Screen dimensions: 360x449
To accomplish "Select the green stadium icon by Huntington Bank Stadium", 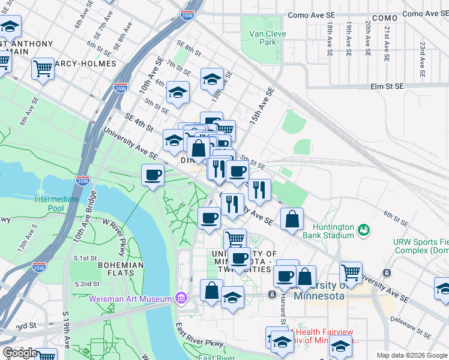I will click(x=363, y=230).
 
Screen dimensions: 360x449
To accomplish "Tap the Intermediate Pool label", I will click(x=56, y=203).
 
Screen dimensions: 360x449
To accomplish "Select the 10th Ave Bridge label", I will click(x=85, y=217).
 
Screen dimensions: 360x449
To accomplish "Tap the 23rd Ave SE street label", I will click(x=423, y=54).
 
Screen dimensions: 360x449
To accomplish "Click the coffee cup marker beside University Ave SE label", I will click(x=152, y=175).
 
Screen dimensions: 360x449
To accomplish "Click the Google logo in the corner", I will click(x=19, y=353).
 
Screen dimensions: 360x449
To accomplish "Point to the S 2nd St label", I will click(x=86, y=284).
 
